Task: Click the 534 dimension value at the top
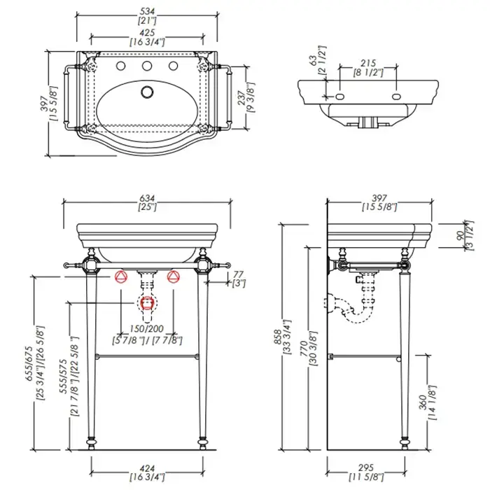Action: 147,11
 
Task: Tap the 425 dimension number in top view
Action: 147,32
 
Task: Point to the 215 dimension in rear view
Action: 367,63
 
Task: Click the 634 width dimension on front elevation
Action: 147,197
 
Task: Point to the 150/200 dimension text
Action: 147,329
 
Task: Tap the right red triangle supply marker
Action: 173,276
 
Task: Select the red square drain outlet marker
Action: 147,303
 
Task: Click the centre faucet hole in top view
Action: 147,67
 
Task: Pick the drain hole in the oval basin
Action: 147,92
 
